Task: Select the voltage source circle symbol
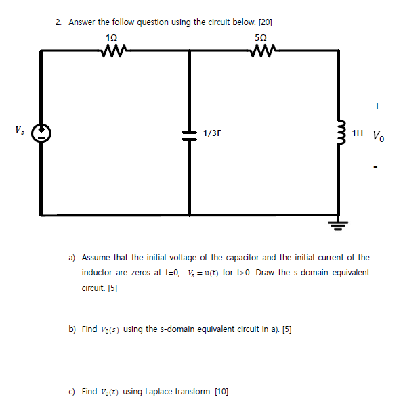pos(41,132)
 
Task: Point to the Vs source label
pos(18,128)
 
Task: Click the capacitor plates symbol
pos(190,133)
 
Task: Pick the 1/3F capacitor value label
pos(212,133)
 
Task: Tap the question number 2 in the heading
pos(58,22)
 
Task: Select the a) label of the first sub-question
pos(72,258)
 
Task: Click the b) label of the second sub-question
pos(72,329)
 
